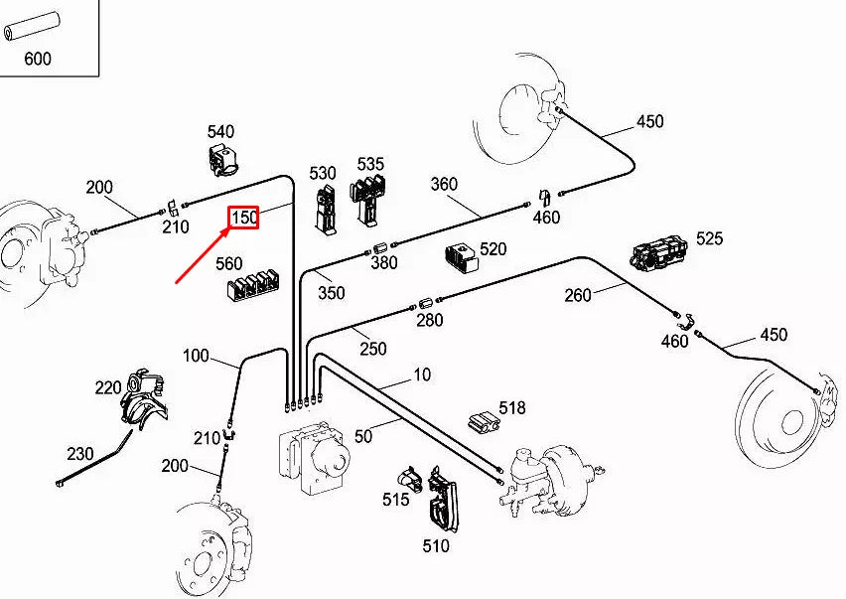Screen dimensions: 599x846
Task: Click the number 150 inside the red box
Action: pos(244,218)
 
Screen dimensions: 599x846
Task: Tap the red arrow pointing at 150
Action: pos(203,256)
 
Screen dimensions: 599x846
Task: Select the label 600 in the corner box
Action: pos(37,59)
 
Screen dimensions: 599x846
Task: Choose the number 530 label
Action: pos(323,173)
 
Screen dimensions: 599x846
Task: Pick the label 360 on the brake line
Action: pos(444,184)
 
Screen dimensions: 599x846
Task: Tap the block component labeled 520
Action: pos(461,255)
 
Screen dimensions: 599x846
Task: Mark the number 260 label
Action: pos(578,295)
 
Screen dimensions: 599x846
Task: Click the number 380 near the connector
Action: pos(383,263)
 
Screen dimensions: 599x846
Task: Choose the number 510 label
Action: pos(435,545)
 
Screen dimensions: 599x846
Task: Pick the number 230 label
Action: pos(80,454)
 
